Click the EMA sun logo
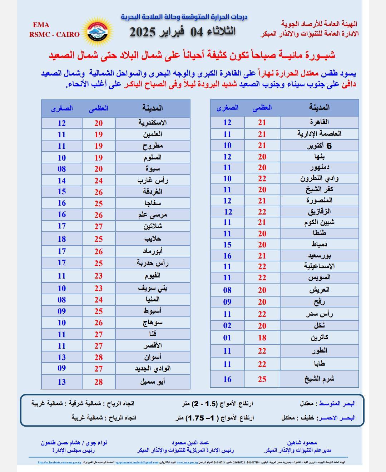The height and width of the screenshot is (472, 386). click(x=97, y=31)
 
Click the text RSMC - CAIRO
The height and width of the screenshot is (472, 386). click(x=54, y=35)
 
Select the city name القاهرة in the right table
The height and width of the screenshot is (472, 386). click(x=319, y=122)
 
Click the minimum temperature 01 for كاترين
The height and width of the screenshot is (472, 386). click(x=227, y=338)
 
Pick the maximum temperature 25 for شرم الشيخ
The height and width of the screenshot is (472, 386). click(x=262, y=379)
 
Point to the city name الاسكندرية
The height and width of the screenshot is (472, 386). click(x=153, y=123)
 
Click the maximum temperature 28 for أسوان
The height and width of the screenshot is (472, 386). click(x=99, y=357)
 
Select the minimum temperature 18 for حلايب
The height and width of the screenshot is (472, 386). click(x=62, y=239)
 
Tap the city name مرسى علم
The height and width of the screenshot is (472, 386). click(x=153, y=215)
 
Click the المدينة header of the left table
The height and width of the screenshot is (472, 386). click(x=152, y=108)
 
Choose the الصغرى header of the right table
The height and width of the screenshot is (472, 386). click(x=227, y=108)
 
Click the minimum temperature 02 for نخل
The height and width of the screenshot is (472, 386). click(x=227, y=326)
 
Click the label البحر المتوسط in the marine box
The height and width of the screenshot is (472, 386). click(x=337, y=404)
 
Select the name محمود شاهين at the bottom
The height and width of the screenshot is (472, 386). click(x=302, y=443)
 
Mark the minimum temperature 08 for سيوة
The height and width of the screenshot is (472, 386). click(x=62, y=169)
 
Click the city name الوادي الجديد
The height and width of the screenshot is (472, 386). click(x=153, y=369)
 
